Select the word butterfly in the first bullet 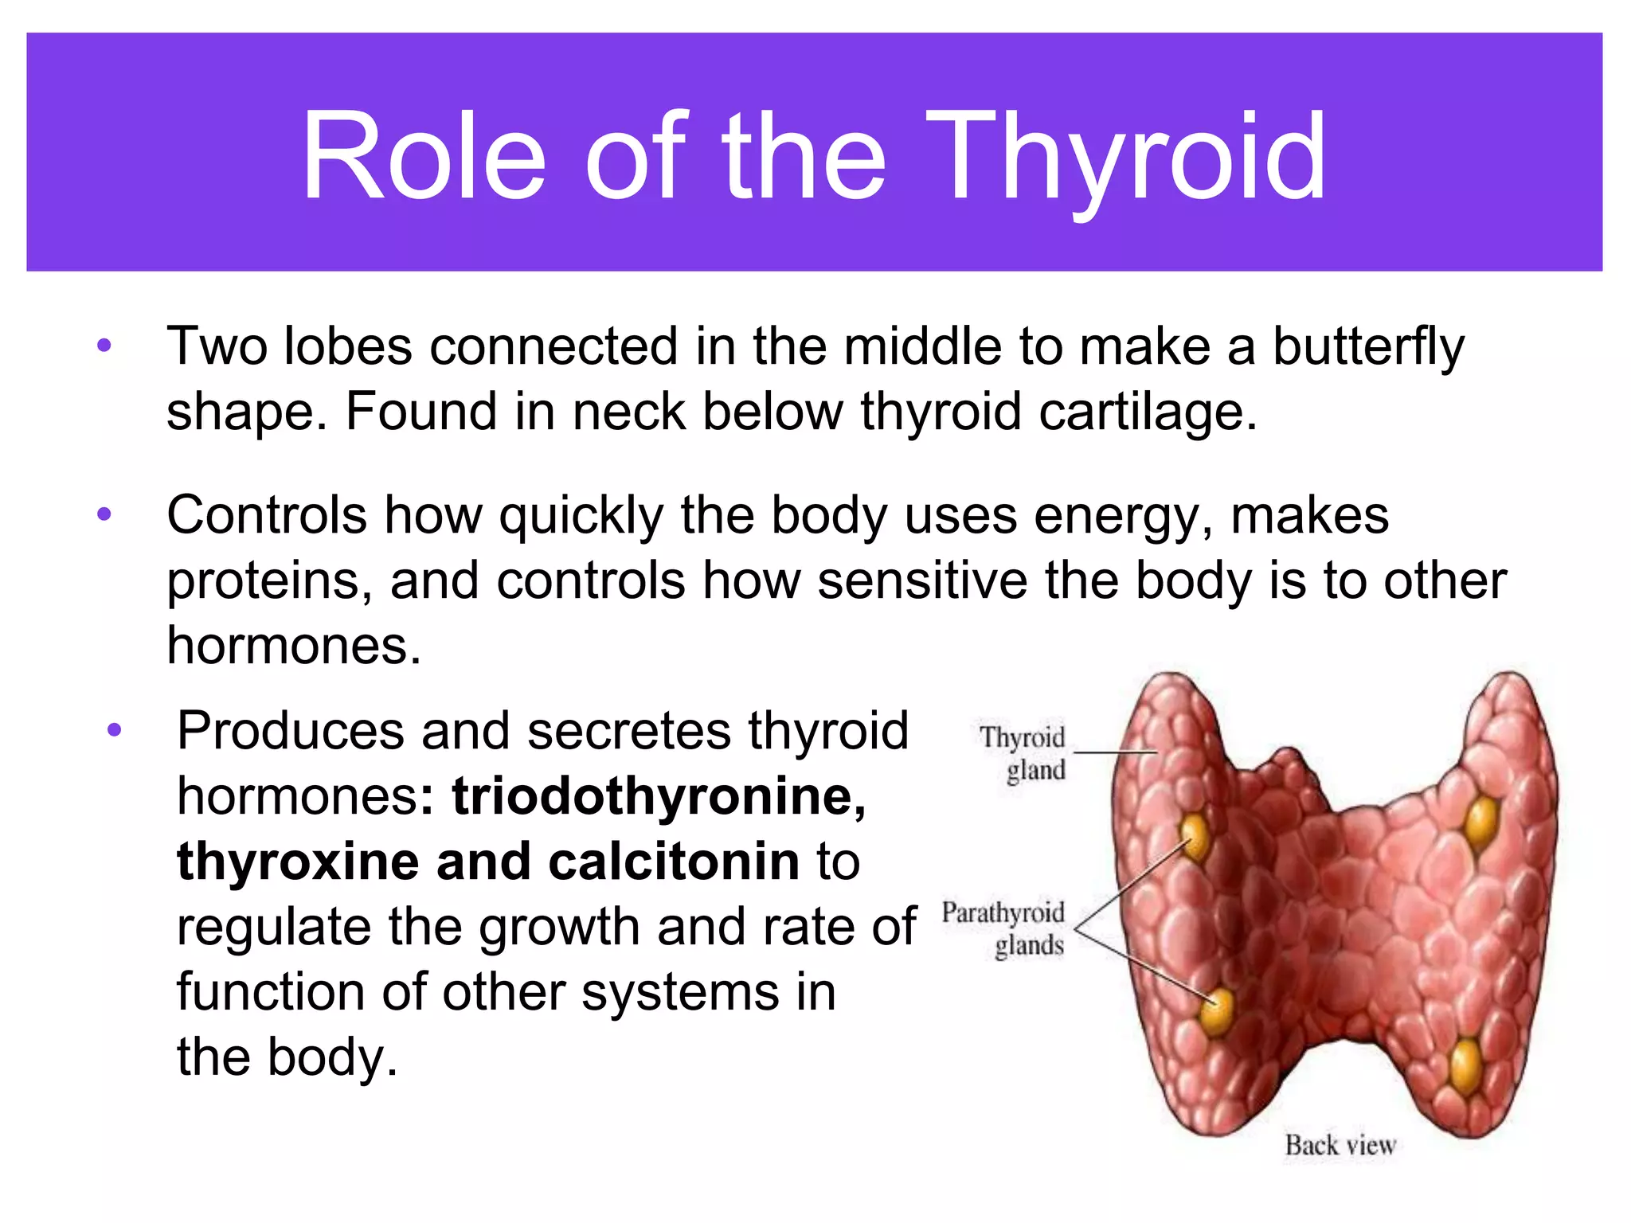pos(1367,348)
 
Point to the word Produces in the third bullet pos(290,731)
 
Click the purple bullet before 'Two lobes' pos(104,346)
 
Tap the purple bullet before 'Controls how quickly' pos(104,515)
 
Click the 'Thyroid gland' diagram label pos(1024,753)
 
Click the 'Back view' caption pos(1340,1145)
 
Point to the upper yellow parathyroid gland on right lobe pos(1481,820)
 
